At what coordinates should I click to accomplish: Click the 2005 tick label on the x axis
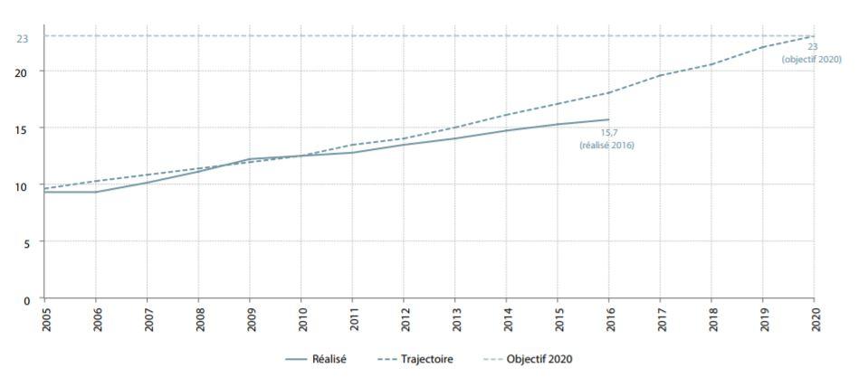[43, 319]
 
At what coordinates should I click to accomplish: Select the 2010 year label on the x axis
[301, 319]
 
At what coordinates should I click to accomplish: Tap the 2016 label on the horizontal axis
[608, 319]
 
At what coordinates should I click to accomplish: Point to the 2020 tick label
[814, 319]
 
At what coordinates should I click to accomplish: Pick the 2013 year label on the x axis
[454, 319]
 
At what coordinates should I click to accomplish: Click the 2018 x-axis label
[711, 319]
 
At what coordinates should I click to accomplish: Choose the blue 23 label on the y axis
[23, 38]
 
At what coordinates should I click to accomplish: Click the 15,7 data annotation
[607, 133]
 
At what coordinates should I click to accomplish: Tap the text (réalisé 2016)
[607, 145]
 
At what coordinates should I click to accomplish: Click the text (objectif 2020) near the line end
[812, 59]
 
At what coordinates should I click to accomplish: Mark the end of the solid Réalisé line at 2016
[608, 119]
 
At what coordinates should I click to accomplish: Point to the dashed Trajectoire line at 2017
[660, 75]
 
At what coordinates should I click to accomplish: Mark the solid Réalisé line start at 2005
[44, 192]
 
